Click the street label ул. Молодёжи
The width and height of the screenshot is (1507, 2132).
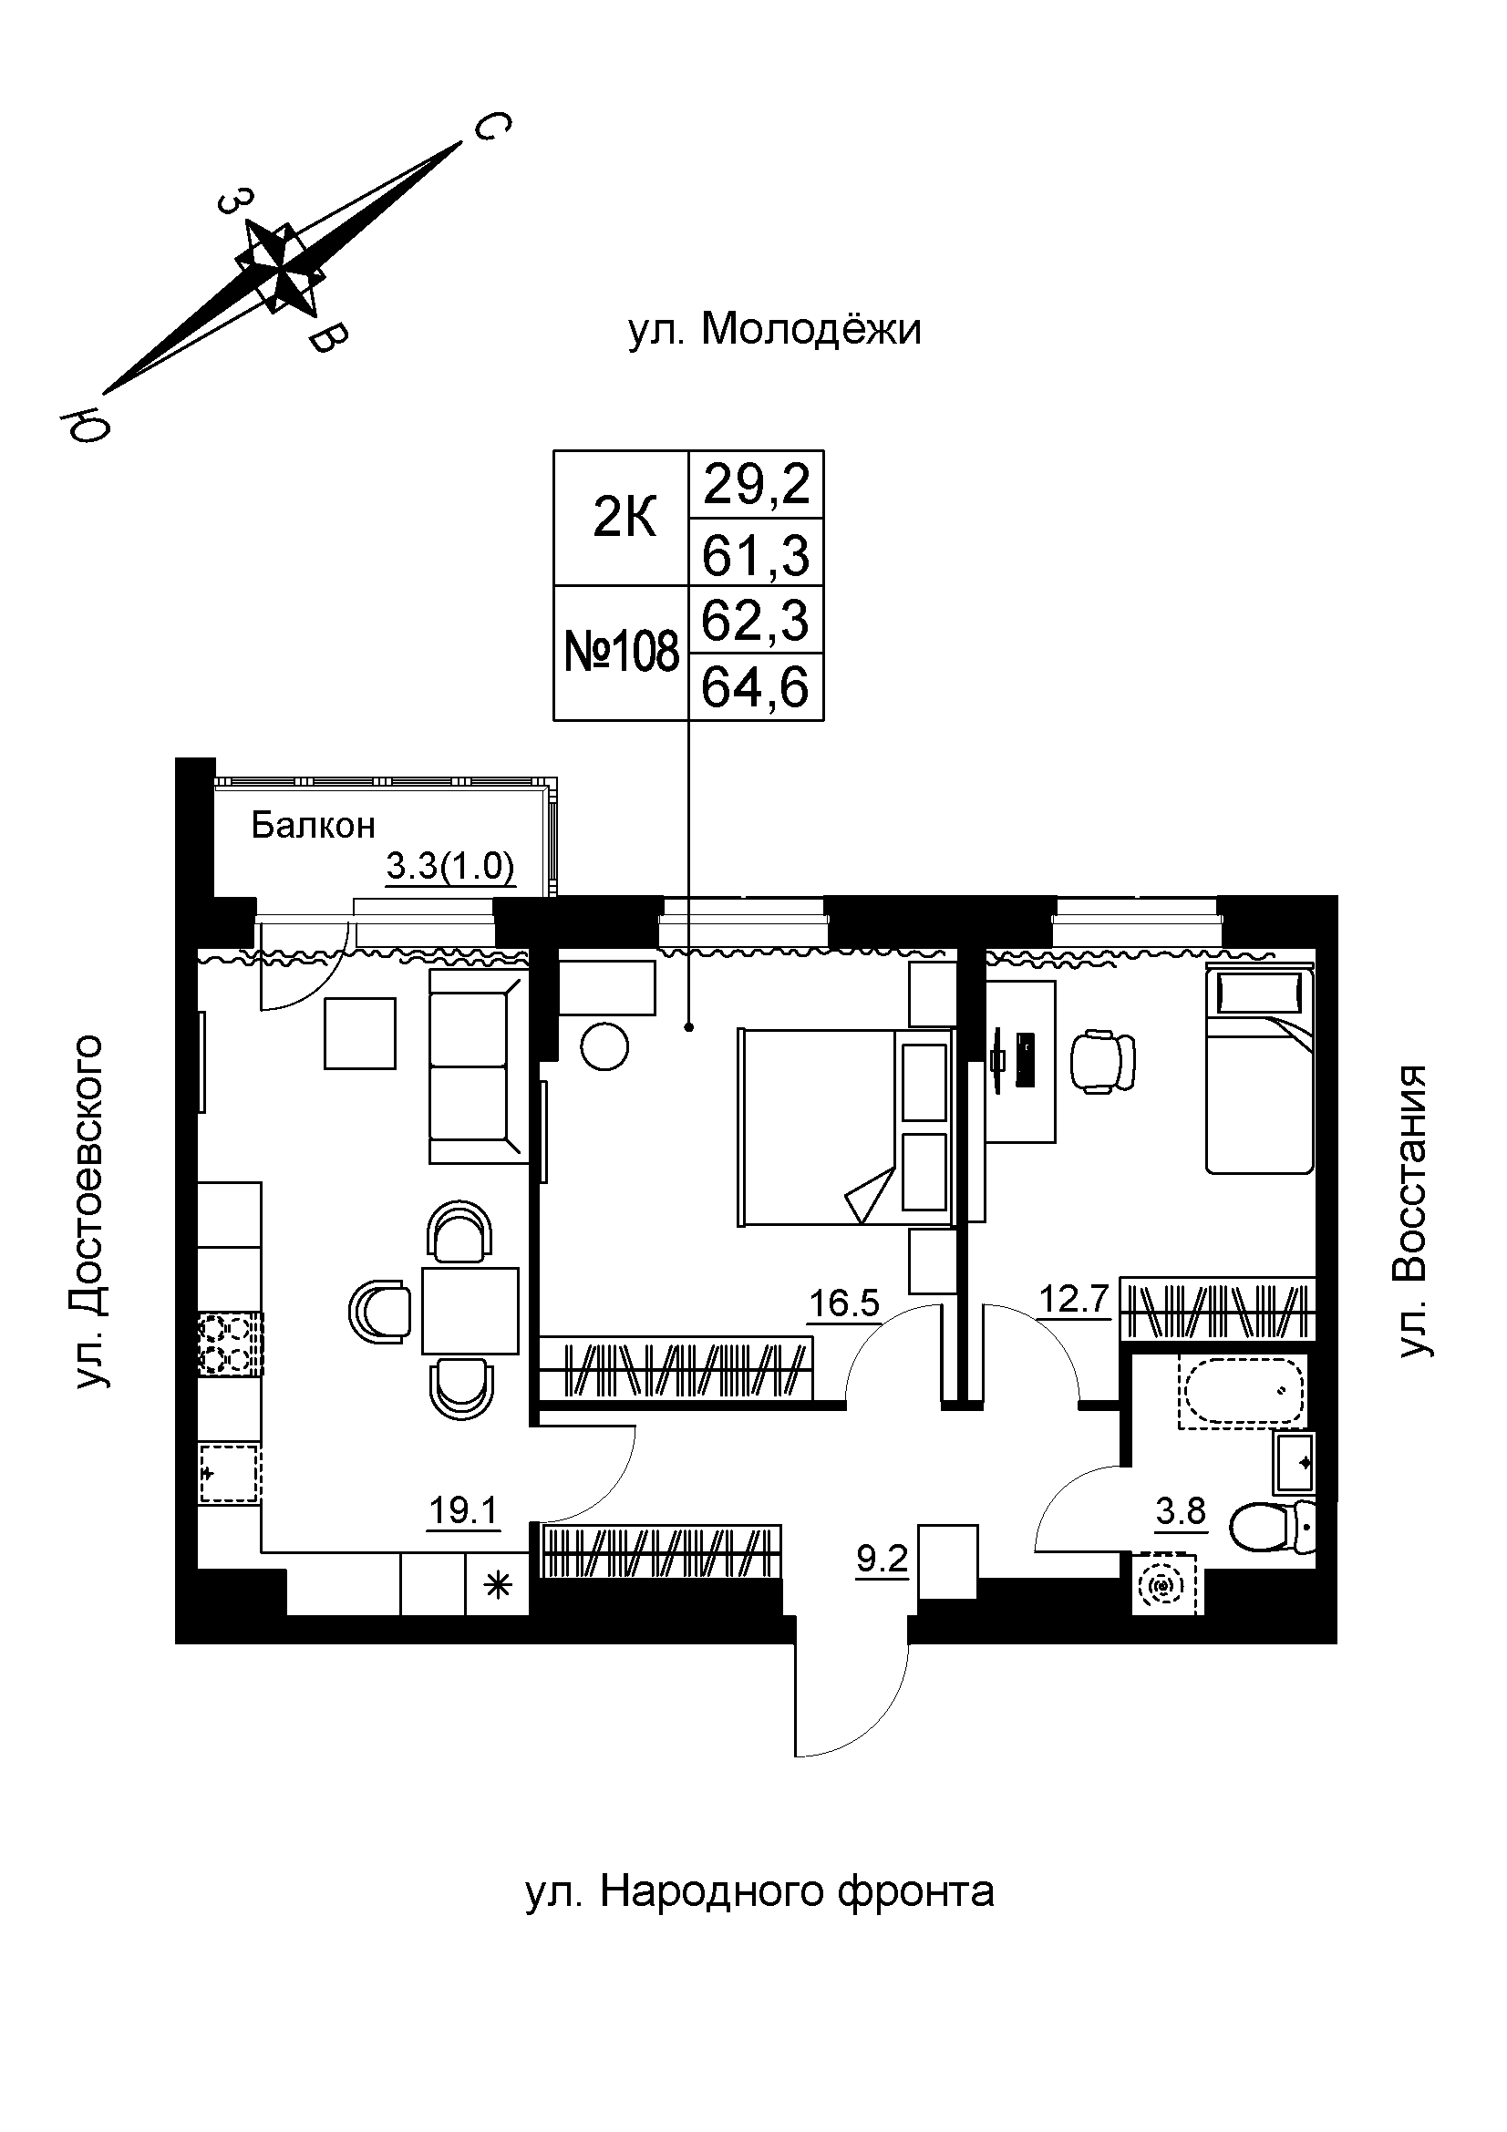click(774, 330)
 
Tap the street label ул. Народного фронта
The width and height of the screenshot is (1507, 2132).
click(759, 1890)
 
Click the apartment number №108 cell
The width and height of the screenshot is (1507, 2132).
click(621, 653)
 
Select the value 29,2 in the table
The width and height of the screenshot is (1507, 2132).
click(756, 485)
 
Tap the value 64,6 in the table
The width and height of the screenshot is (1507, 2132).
click(756, 688)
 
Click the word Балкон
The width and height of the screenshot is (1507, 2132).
click(313, 825)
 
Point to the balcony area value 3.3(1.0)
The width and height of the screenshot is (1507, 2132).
click(450, 867)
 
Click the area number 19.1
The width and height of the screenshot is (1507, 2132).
click(463, 1510)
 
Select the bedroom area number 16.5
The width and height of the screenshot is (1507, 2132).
click(843, 1303)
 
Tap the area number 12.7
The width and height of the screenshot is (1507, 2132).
click(1074, 1299)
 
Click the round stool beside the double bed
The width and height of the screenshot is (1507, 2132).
click(604, 1046)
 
